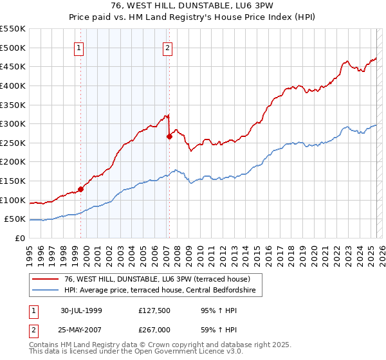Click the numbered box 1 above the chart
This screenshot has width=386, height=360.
point(78,47)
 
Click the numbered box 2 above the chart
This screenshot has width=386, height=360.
point(167,47)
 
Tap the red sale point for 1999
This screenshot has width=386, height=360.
point(81,189)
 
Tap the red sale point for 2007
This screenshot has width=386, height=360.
point(170,136)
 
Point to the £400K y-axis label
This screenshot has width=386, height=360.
point(13,85)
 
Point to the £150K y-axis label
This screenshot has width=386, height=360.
point(13,181)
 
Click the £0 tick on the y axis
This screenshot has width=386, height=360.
point(21,238)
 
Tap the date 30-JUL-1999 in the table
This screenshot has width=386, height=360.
point(80,310)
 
